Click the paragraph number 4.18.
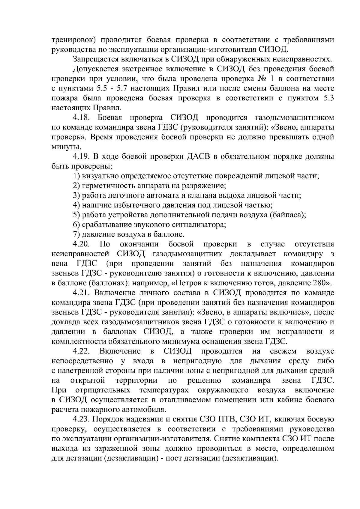pyautogui.click(x=82, y=118)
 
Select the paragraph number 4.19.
pyautogui.click(x=82, y=156)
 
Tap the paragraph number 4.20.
pyautogui.click(x=82, y=244)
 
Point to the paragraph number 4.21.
pyautogui.click(x=82, y=293)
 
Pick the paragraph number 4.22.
pyautogui.click(x=82, y=351)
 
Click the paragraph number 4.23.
pyautogui.click(x=82, y=419)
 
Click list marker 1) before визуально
pyautogui.click(x=76, y=176)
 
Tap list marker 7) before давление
pyautogui.click(x=76, y=234)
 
